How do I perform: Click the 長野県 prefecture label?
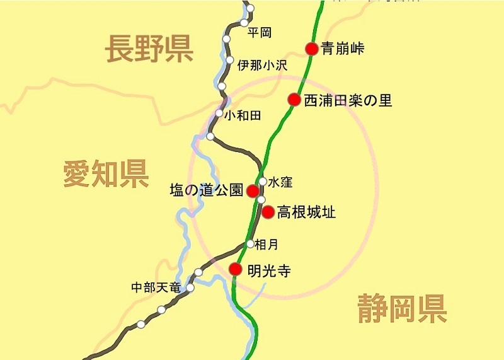149,49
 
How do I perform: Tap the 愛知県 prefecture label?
106,173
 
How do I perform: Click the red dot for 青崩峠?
311,49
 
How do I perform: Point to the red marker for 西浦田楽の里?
294,99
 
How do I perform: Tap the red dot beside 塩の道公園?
252,190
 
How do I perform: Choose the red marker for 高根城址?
268,212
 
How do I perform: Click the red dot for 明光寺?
235,269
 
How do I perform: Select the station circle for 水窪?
263,182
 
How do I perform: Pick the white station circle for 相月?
250,243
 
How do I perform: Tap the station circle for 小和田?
219,113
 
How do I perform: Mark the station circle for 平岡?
244,23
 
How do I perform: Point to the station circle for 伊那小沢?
226,63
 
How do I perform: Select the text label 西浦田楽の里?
348,100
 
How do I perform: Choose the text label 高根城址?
306,212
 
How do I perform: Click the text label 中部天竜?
155,287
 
